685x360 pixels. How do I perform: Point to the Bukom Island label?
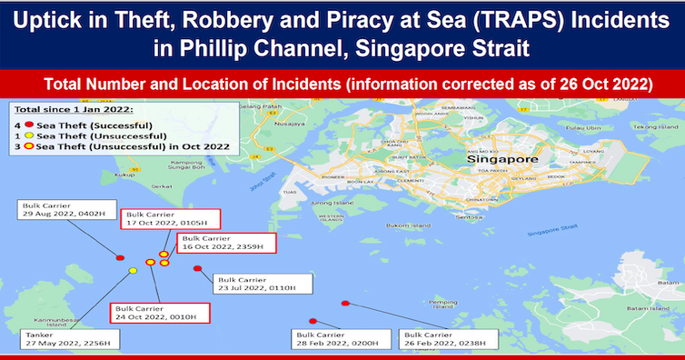click(x=405, y=223)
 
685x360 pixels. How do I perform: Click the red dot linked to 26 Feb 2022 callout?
click(x=344, y=303)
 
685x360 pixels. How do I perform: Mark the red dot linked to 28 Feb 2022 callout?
click(x=313, y=321)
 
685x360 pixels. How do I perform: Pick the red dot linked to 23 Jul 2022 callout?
click(x=197, y=267)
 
